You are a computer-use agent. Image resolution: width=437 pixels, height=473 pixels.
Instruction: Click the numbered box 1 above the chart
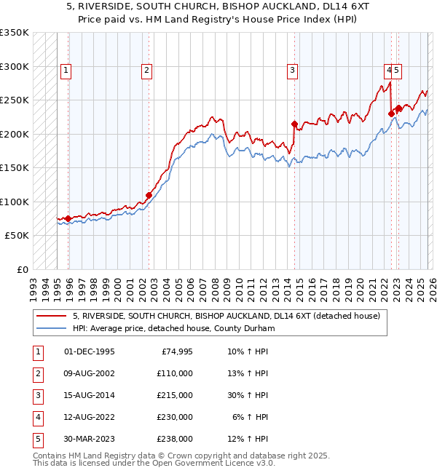pos(66,71)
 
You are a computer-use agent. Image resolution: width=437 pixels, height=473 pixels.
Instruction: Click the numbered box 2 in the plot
pos(146,71)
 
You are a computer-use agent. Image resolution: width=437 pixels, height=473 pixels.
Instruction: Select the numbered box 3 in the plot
pos(292,71)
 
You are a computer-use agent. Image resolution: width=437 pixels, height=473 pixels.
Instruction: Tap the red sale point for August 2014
pos(294,124)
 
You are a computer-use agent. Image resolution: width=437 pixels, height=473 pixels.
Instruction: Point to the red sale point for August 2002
pos(149,195)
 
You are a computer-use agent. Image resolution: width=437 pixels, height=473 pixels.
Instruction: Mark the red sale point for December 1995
pos(68,218)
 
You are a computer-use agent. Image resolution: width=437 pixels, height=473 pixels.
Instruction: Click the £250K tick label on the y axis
pos(14,100)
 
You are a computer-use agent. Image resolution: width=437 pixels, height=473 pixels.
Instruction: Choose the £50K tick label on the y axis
pos(17,236)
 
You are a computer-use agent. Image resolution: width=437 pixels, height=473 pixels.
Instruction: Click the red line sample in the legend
pos(52,317)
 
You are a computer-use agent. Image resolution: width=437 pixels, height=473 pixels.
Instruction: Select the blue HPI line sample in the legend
pos(52,329)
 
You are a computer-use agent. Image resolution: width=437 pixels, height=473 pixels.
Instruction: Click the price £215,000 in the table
pos(174,395)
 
